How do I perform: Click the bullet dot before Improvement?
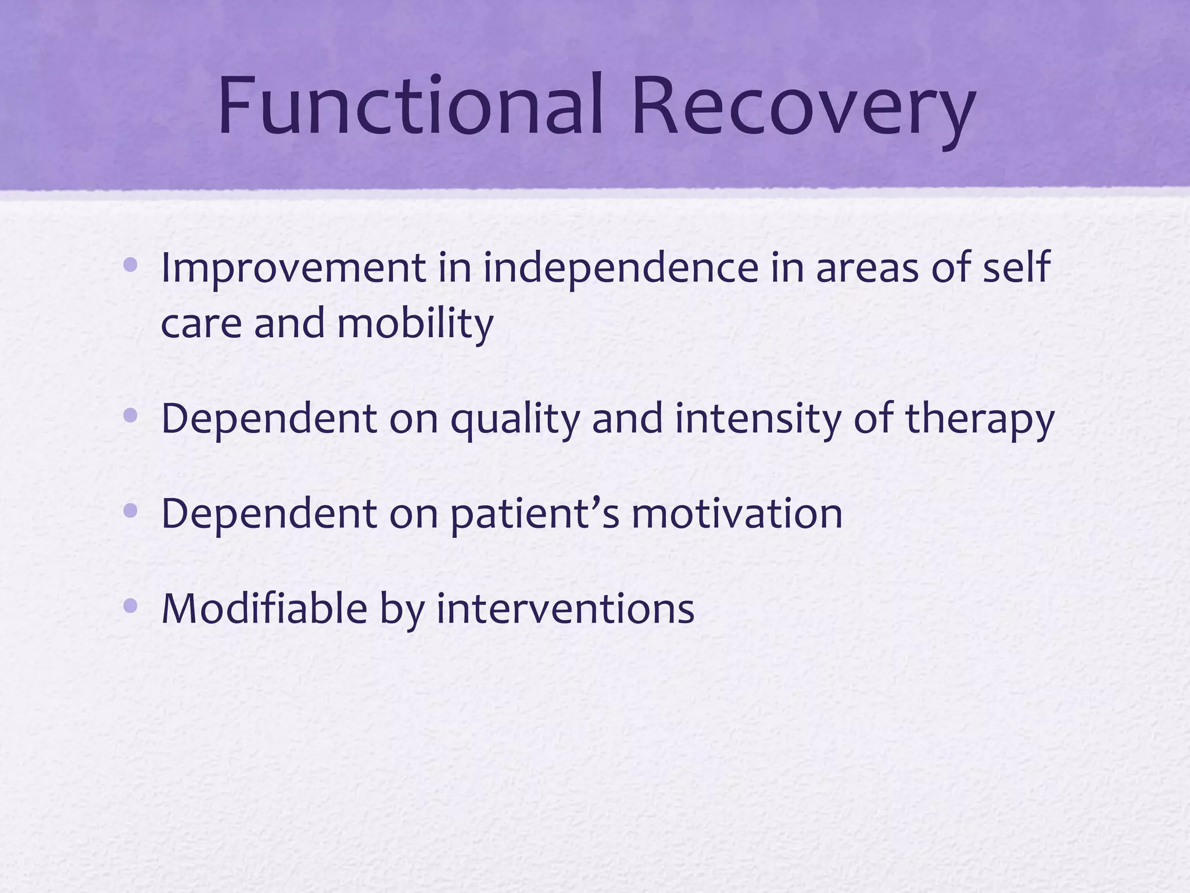131,266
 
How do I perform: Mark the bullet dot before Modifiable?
131,606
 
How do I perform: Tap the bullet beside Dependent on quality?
131,416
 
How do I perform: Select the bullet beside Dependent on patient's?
131,511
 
